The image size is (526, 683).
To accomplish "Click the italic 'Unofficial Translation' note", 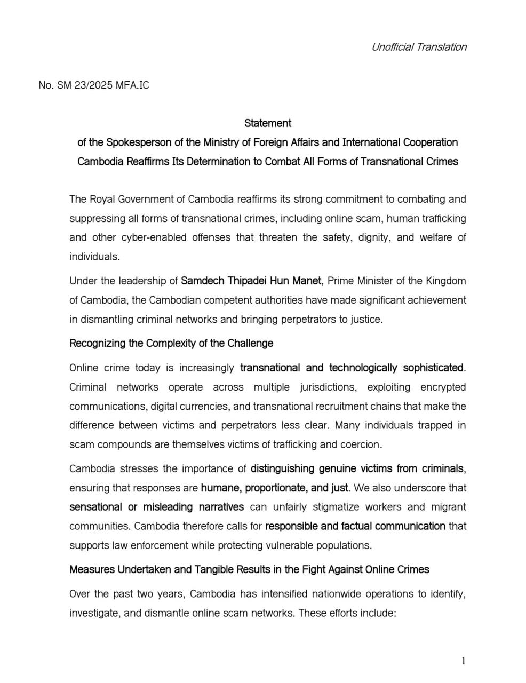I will click(419, 47).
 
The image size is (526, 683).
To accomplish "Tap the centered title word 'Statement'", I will click(267, 123).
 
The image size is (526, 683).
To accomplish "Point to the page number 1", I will click(464, 662).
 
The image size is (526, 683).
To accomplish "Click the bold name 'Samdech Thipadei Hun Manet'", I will click(251, 281).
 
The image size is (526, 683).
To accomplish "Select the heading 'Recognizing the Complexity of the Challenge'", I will click(171, 344).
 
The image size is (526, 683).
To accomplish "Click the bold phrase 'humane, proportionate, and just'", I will click(275, 488).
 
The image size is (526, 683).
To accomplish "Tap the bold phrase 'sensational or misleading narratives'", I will click(156, 507).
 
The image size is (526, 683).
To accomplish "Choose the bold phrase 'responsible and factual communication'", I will click(355, 526).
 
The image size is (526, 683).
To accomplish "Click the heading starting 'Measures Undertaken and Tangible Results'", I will click(249, 570).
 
